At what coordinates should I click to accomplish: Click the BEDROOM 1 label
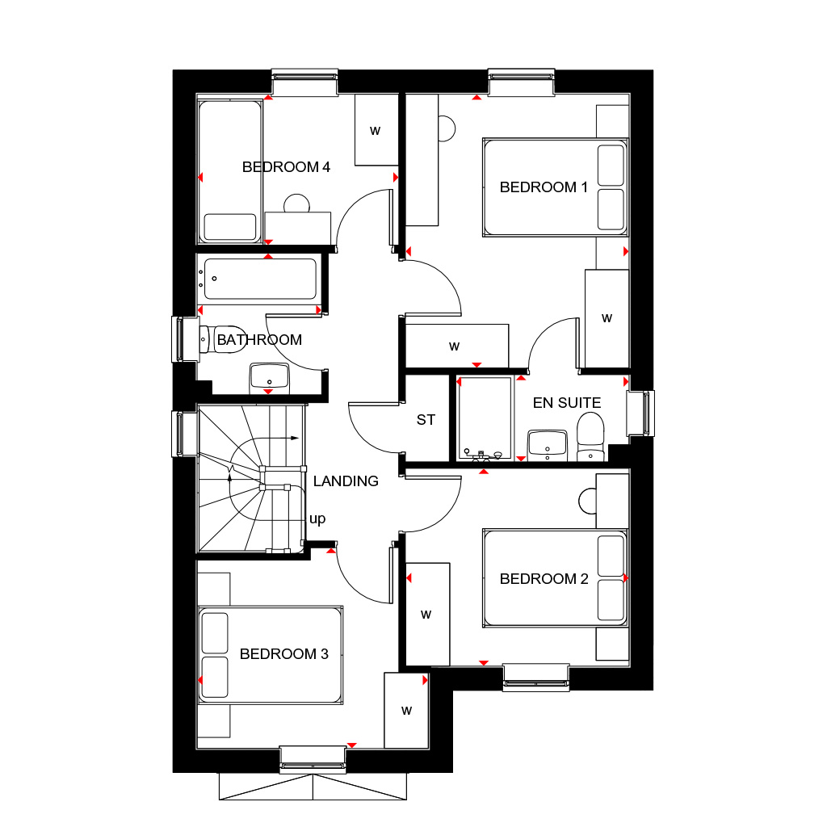[544, 187]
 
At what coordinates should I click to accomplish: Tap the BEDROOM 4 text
[286, 167]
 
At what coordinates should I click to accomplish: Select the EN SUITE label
[567, 402]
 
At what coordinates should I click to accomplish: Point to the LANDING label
[346, 481]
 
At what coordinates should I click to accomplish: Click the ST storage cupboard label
[426, 420]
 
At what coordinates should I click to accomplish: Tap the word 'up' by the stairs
[317, 519]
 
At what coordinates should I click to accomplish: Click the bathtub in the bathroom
[260, 279]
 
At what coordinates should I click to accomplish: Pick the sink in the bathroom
[269, 376]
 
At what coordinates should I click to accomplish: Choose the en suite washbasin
[548, 444]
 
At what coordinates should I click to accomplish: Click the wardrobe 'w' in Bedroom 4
[375, 130]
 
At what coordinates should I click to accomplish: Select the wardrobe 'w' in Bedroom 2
[426, 615]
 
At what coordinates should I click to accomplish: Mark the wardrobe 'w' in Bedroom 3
[406, 711]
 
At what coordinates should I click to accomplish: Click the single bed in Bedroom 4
[230, 171]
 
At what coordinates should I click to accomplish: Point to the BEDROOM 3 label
[284, 654]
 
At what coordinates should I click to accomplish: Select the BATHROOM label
[259, 340]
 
